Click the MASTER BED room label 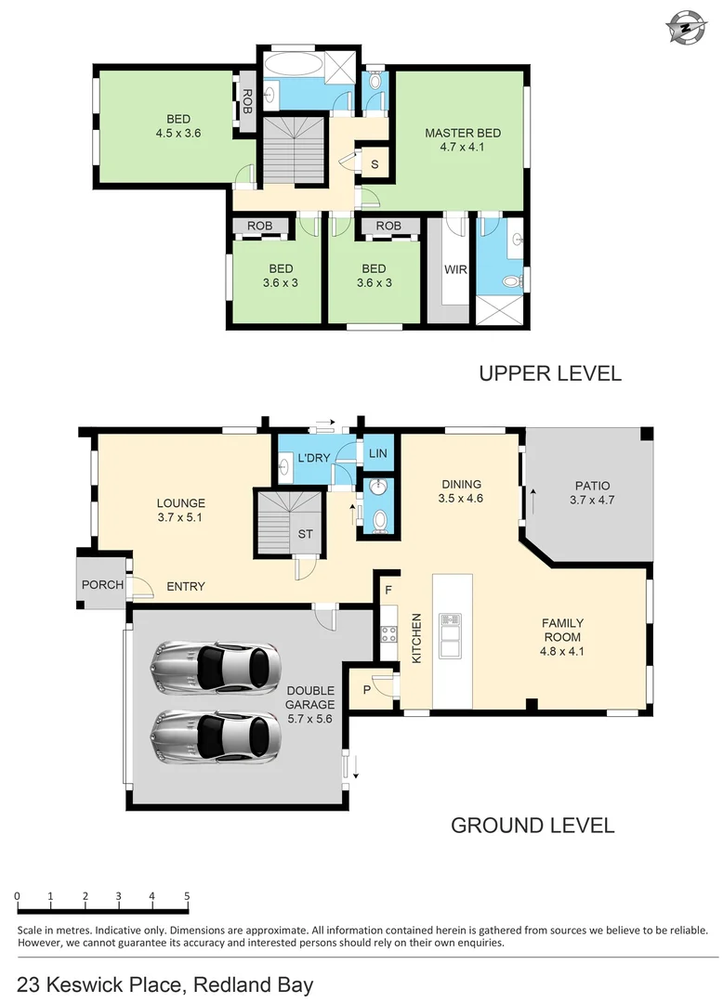(x=455, y=133)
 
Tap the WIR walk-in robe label (x=455, y=270)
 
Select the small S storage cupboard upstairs (x=374, y=164)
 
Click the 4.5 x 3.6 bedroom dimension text (x=178, y=133)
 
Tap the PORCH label (x=102, y=585)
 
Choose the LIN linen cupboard (x=377, y=453)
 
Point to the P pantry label (x=367, y=690)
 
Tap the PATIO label (x=592, y=486)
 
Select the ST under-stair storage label (x=305, y=533)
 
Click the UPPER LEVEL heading (x=549, y=373)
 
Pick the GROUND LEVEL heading (x=532, y=825)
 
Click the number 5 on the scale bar (x=188, y=896)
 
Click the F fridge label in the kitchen (x=388, y=589)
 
